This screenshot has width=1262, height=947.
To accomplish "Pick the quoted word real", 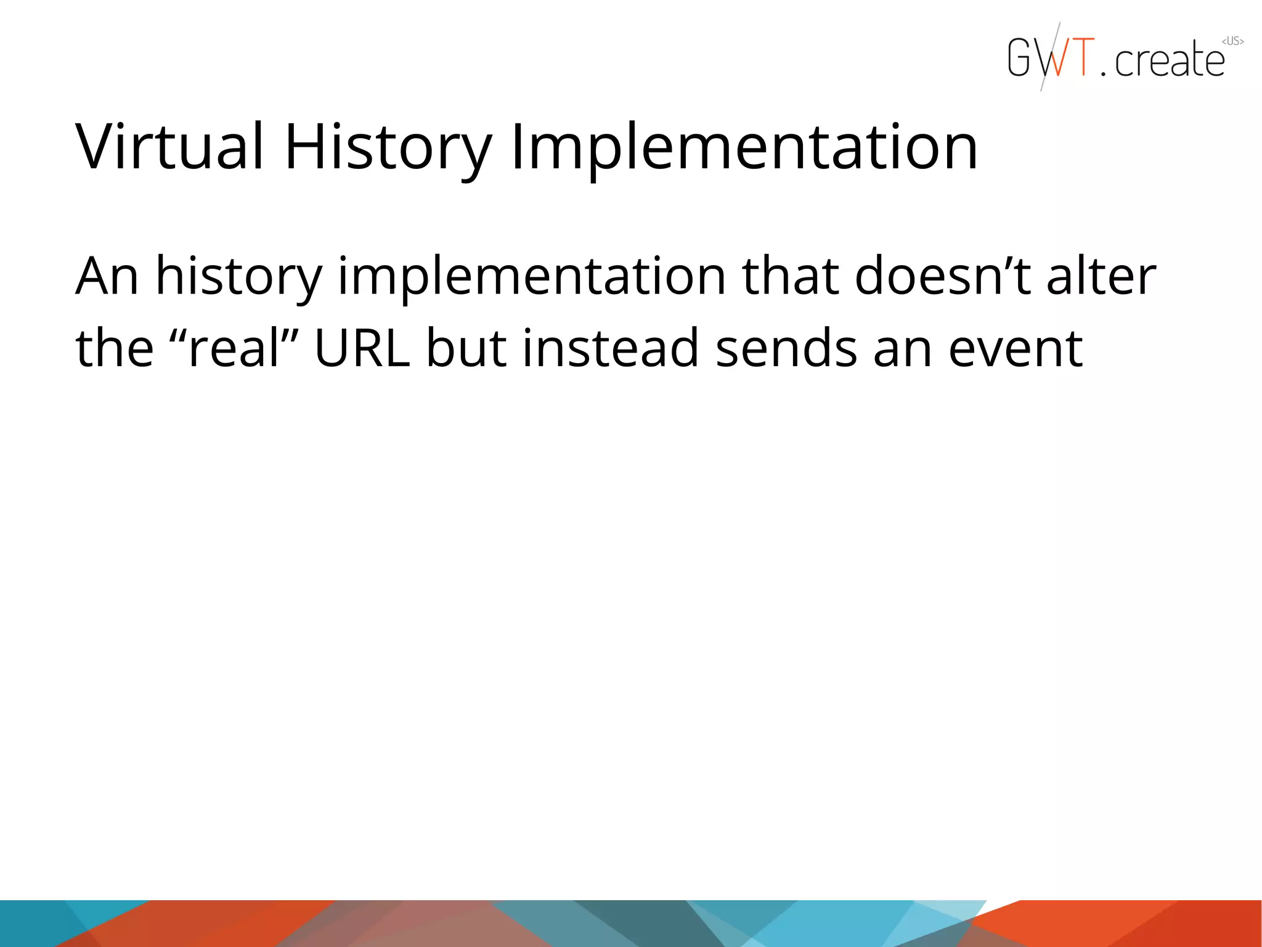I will pyautogui.click(x=234, y=348).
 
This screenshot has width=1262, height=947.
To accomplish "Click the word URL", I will pyautogui.click(x=362, y=348).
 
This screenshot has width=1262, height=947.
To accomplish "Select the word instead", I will pyautogui.click(x=611, y=348).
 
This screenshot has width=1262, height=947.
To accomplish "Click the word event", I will pyautogui.click(x=1015, y=348).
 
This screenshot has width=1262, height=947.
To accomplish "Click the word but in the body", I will pyautogui.click(x=466, y=348).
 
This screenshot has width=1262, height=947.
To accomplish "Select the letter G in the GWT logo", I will pyautogui.click(x=1019, y=57).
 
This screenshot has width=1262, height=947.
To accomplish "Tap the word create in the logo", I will pyautogui.click(x=1169, y=60).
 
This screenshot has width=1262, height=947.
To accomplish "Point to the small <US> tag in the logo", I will pyautogui.click(x=1232, y=41).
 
